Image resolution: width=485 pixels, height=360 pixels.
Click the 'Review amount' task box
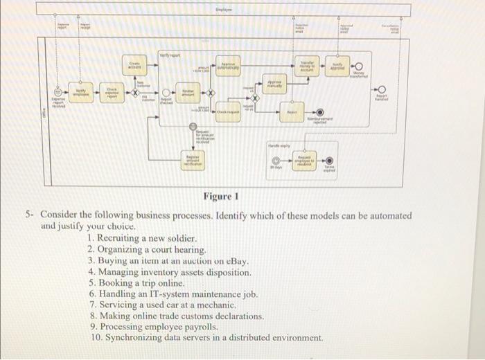(x=188, y=94)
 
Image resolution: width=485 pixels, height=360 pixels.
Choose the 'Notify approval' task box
(x=340, y=64)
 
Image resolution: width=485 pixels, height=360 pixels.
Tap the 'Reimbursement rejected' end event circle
(x=319, y=111)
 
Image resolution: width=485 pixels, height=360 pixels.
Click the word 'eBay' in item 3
(x=236, y=261)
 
